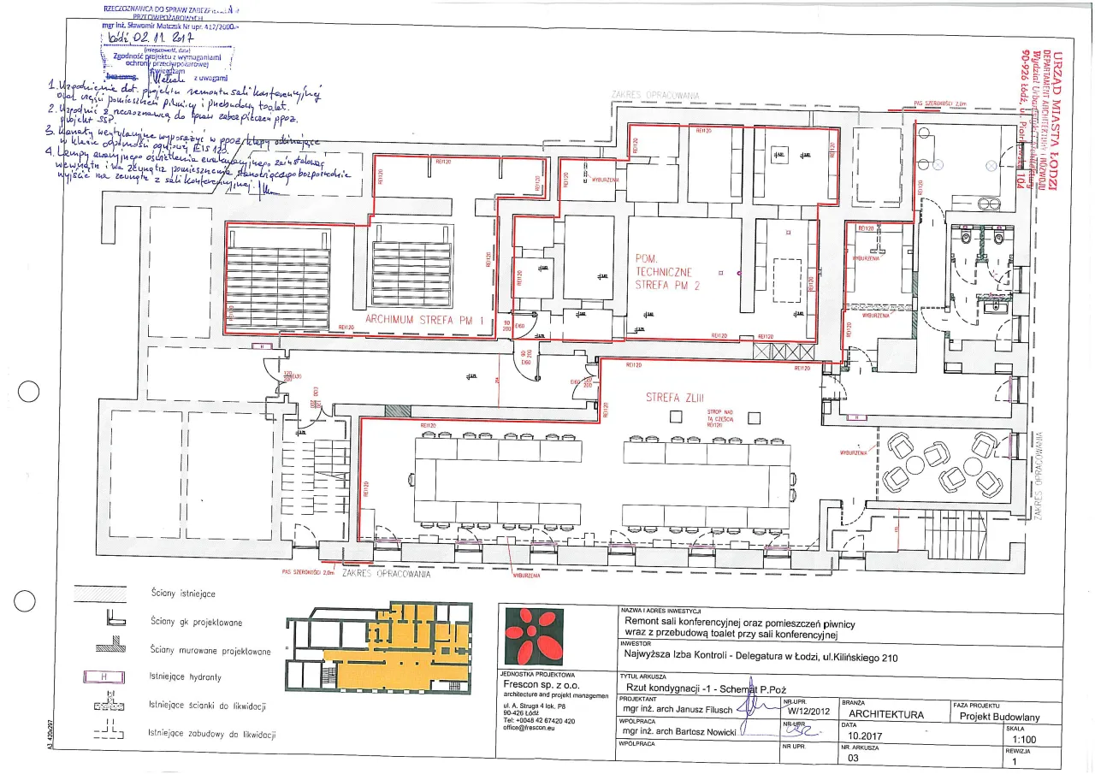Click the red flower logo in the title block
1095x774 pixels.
(x=534, y=636)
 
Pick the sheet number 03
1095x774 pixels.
(x=852, y=758)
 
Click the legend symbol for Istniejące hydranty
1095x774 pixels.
(x=104, y=677)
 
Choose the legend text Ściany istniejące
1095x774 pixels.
(x=182, y=593)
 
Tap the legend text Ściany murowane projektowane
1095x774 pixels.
(x=210, y=651)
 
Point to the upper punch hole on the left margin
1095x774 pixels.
(x=28, y=392)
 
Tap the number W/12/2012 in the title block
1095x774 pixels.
(x=808, y=710)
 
